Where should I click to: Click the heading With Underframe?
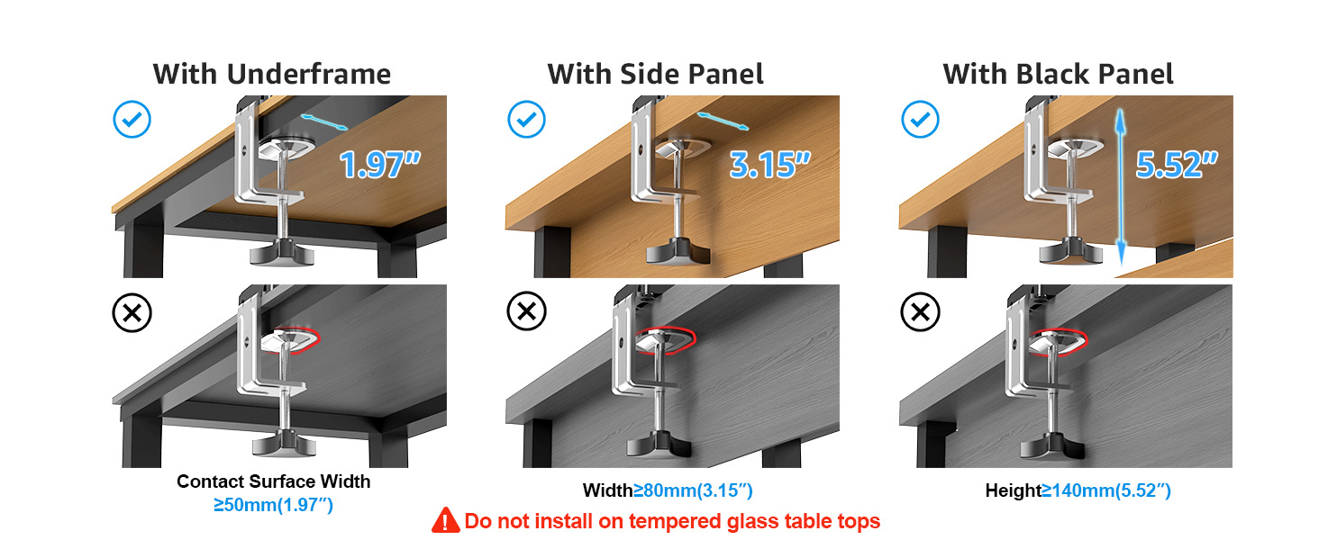271,74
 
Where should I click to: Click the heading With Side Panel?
655,74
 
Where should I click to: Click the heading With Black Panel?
1058,74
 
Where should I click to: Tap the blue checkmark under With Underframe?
132,119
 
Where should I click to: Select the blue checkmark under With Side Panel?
526,119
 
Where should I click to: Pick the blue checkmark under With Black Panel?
920,119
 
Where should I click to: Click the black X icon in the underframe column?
132,313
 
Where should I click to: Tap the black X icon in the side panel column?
526,313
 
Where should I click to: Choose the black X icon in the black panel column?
920,313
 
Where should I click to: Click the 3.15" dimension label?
769,165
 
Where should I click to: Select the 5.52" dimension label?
1177,165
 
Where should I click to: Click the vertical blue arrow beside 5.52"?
1121,189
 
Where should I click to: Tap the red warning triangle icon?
445,520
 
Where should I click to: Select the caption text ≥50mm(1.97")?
273,506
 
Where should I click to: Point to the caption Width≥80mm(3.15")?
667,491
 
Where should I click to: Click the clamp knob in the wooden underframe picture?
282,251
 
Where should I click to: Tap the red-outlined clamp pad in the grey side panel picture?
665,339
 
